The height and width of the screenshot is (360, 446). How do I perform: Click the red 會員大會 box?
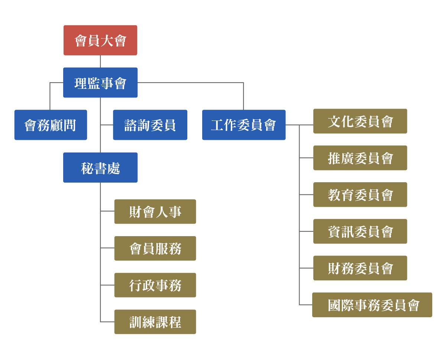(x=100, y=40)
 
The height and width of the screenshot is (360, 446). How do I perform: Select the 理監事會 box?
(x=100, y=83)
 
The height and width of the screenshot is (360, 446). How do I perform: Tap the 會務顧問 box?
(x=51, y=125)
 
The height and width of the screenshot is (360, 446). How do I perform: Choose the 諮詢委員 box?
(x=150, y=125)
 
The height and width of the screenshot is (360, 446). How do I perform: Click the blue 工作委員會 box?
(x=244, y=125)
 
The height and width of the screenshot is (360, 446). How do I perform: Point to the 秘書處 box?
(x=100, y=168)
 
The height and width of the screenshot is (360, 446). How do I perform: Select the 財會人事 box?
(x=155, y=212)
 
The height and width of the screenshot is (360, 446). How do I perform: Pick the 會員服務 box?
(x=155, y=248)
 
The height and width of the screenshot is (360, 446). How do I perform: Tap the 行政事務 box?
(x=155, y=285)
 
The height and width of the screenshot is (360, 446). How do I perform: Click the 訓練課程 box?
(x=155, y=322)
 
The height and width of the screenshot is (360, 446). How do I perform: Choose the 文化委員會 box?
(x=360, y=121)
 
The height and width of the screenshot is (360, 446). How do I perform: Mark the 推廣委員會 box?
(x=360, y=158)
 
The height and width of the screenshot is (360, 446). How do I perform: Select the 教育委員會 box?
(x=360, y=195)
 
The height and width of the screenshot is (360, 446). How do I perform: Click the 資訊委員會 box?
(x=360, y=231)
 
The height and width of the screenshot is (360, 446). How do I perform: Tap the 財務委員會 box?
(x=360, y=268)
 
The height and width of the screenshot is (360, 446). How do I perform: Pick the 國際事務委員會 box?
(x=372, y=305)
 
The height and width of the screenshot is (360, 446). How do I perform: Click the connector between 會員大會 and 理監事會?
(x=100, y=61)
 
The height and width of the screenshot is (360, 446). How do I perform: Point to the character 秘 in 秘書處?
(x=87, y=168)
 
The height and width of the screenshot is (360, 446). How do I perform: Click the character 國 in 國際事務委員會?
(x=334, y=306)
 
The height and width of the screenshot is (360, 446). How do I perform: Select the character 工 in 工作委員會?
(x=217, y=125)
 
